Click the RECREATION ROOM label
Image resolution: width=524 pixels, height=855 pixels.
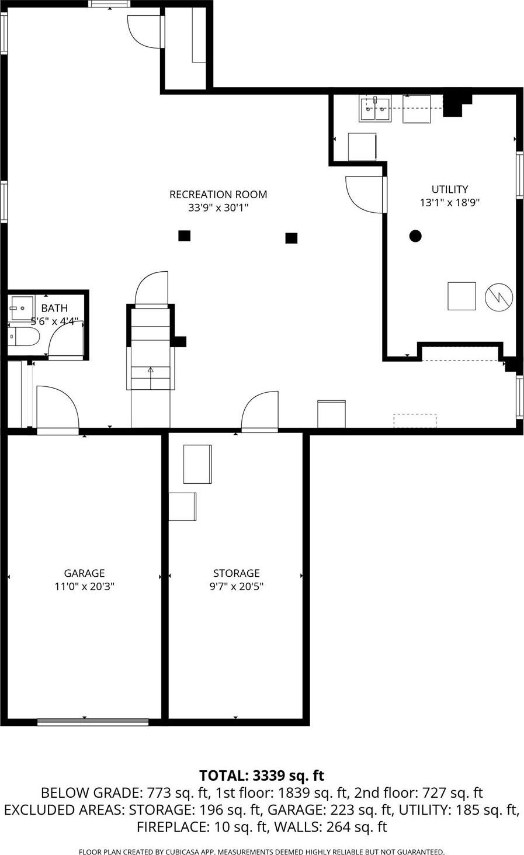click(218, 195)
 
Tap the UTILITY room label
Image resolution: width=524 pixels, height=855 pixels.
click(449, 189)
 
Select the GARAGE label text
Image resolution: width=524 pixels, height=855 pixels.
click(84, 573)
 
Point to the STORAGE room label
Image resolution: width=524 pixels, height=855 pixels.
click(236, 573)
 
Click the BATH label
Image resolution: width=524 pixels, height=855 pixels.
click(54, 308)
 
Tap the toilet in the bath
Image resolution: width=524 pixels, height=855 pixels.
click(24, 337)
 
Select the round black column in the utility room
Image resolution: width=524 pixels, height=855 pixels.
click(415, 236)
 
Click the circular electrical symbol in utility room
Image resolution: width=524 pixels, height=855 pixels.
click(499, 297)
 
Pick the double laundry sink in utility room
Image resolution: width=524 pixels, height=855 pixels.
click(375, 109)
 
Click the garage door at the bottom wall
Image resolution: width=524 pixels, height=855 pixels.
click(93, 722)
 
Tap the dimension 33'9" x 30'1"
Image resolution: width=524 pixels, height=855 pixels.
click(218, 208)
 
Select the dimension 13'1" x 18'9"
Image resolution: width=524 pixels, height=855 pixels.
click(449, 203)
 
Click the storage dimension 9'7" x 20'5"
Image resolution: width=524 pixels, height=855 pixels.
click(236, 587)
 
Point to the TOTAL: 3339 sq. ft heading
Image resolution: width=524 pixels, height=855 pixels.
click(262, 776)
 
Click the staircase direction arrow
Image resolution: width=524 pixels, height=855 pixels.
click(150, 369)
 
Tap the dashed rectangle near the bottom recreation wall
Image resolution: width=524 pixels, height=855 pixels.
click(415, 421)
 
